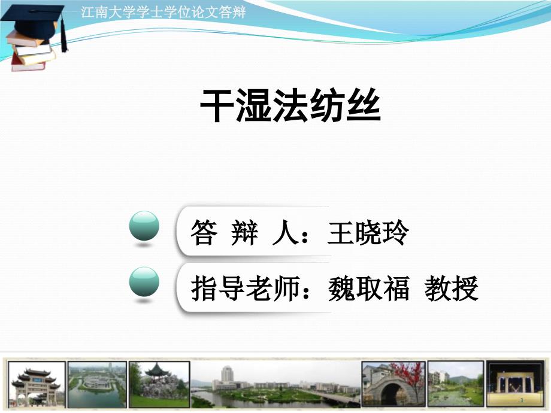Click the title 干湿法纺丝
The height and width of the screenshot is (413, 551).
[x=290, y=105]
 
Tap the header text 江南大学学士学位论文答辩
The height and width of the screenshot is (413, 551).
[x=164, y=13]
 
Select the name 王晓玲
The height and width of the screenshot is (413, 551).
[x=368, y=232]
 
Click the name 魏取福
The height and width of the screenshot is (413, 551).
[x=368, y=289]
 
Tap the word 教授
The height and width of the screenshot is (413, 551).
[x=451, y=289]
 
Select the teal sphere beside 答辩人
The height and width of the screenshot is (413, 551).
[x=144, y=226]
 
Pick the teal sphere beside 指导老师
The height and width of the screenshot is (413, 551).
[x=144, y=282]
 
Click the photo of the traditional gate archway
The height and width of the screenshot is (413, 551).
[x=37, y=384]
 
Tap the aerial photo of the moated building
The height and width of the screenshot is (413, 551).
[x=97, y=384]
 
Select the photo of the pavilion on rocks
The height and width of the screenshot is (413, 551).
[x=159, y=384]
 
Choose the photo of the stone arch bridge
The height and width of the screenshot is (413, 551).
[x=393, y=384]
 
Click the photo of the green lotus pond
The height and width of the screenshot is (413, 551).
[x=455, y=384]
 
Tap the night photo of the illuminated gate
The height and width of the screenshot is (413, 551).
[x=515, y=384]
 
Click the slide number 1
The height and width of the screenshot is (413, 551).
[x=522, y=400]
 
